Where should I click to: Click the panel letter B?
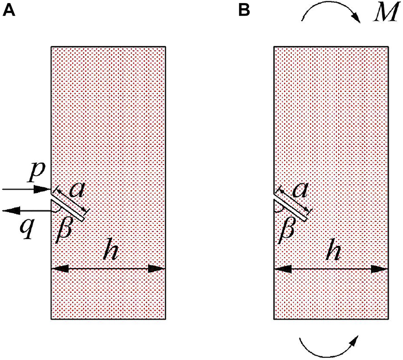tap(244, 10)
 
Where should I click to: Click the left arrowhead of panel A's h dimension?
tap(59, 269)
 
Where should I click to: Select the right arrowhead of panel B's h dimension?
tap(381, 269)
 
